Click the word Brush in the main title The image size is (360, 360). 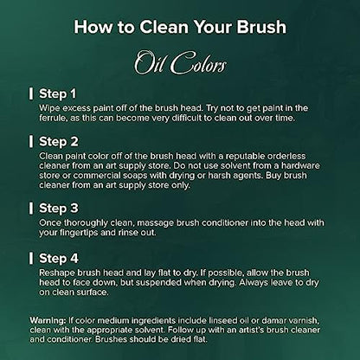[x=261, y=27]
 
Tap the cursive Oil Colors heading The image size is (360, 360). [x=180, y=62]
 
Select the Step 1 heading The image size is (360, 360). [x=58, y=93]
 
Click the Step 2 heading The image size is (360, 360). [x=59, y=142]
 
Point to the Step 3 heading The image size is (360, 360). [x=59, y=208]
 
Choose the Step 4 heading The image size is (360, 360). [x=59, y=258]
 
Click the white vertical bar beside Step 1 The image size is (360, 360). [x=31, y=94]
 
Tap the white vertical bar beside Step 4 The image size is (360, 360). [x=31, y=258]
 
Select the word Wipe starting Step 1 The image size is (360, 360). [x=49, y=108]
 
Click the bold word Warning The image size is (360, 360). [x=48, y=320]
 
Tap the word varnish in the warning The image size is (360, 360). [x=304, y=321]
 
